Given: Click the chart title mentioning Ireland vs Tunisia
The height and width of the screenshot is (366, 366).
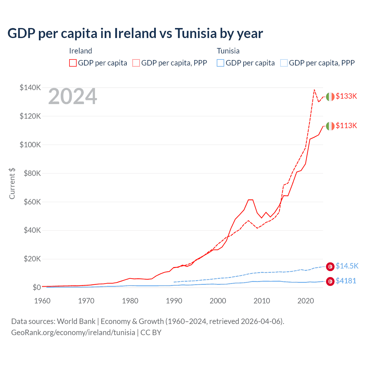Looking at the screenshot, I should [x=135, y=33].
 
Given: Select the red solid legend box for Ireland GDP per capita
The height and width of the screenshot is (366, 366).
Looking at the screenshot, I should [x=73, y=63].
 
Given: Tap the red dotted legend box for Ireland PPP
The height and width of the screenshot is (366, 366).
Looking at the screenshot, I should [x=136, y=63].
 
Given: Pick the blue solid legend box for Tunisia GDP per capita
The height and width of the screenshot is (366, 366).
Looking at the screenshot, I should [x=220, y=63].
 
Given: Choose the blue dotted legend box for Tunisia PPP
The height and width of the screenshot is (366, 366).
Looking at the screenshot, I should [x=284, y=63].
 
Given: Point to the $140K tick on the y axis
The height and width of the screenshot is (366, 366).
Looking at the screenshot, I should [x=30, y=87].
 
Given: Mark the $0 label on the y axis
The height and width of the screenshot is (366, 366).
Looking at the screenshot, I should [x=37, y=287].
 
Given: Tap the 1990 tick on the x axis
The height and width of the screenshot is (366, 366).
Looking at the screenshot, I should [x=174, y=301].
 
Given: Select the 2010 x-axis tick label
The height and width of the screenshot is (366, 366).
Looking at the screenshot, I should [x=262, y=301].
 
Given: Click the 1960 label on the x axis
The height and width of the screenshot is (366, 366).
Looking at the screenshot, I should [x=42, y=301].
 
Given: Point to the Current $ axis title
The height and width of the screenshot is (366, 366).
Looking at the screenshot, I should [x=12, y=184].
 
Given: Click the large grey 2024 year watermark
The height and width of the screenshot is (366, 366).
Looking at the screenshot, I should [x=73, y=97].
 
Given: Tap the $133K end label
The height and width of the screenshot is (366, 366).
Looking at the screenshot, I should [x=346, y=96].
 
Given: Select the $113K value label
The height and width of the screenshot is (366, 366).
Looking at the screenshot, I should [x=346, y=126].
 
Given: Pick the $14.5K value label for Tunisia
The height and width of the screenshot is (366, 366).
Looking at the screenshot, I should [x=347, y=266].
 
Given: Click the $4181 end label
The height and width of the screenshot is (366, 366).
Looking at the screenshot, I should [x=346, y=281].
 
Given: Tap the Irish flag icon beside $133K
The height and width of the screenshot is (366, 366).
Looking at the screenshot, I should [x=330, y=97].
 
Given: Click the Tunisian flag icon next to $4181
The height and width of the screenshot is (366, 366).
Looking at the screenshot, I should [x=330, y=281].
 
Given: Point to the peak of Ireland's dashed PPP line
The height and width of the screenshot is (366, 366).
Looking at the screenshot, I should [x=314, y=90].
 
